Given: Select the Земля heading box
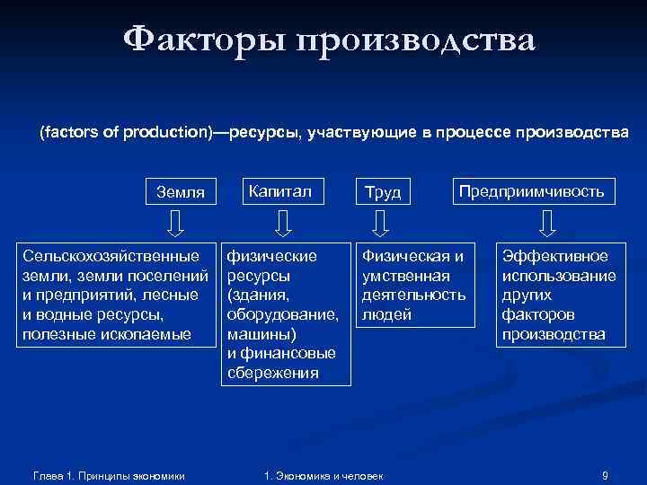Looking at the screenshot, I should tap(181, 191).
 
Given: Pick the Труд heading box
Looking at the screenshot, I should tap(382, 191).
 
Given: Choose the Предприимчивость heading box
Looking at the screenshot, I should tap(532, 190).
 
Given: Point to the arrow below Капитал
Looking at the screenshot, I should tap(282, 220).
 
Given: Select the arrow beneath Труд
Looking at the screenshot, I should tap(381, 220).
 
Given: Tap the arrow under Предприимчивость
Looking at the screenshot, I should tap(549, 220).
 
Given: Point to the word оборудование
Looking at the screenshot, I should tap(283, 314).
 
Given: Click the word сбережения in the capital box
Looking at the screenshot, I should tap(273, 372).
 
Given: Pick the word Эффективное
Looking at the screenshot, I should tap(554, 256).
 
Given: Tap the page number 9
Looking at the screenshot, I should tap(605, 474).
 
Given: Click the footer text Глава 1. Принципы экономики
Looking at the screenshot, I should tap(108, 474).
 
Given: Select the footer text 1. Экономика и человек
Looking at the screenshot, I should tap(321, 474).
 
